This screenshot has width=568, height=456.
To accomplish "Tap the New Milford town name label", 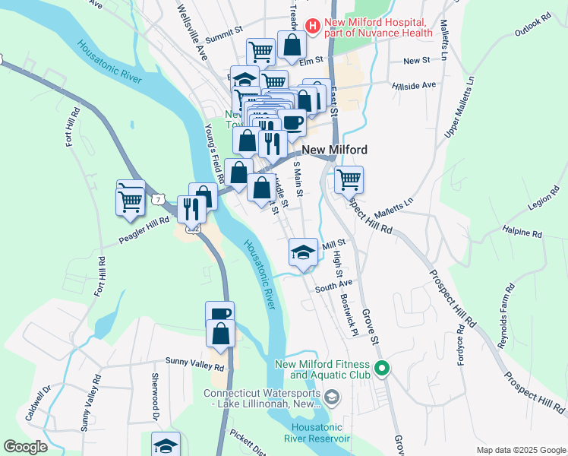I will (335, 150).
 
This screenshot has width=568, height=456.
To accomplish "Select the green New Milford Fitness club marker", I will (383, 370).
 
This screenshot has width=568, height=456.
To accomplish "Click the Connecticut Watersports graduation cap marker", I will (332, 397).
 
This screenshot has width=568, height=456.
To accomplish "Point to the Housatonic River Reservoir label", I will (317, 433).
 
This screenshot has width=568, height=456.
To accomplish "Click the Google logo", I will (25, 447).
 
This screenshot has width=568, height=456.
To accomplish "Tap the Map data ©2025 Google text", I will (521, 450).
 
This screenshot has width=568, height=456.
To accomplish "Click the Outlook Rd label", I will (531, 28).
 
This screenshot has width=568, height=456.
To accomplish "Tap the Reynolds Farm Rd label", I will (506, 316).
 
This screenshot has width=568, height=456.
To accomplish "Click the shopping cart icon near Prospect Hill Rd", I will (349, 179).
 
